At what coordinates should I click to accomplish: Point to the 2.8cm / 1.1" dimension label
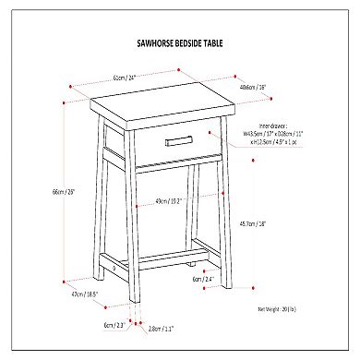160,327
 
